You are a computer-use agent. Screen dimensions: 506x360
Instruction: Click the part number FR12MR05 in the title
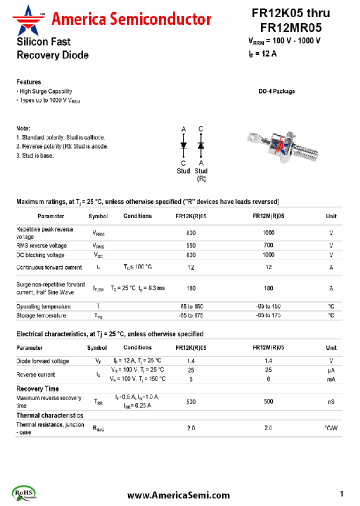point(290,27)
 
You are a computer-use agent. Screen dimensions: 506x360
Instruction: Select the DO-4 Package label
point(276,91)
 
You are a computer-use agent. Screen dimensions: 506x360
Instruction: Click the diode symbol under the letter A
point(183,145)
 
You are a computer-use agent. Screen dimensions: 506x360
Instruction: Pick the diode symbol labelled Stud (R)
point(200,145)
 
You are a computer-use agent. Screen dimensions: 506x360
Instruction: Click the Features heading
point(28,82)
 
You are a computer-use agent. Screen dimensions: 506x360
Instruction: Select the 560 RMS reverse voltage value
point(191,245)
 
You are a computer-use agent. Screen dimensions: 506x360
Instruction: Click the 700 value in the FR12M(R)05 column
point(268,245)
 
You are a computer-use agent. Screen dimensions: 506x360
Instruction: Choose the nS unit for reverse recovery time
point(331,401)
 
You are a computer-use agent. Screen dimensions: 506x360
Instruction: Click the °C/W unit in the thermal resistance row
point(331,428)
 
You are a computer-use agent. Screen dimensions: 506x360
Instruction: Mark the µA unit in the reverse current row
point(331,370)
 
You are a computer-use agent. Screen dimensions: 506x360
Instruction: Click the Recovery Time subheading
point(37,388)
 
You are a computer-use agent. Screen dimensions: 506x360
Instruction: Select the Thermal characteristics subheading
point(49,415)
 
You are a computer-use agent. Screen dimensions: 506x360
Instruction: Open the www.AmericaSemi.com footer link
point(178,495)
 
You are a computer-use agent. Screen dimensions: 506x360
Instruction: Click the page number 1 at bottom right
point(341,494)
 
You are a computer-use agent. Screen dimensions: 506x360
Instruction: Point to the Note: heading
point(23,128)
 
